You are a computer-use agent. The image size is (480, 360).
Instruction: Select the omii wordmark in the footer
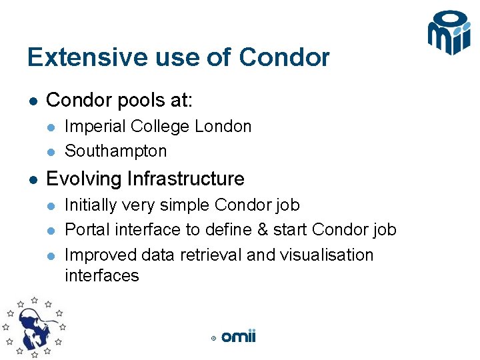click(239, 337)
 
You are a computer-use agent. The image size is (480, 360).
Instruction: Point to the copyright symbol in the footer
click(213, 339)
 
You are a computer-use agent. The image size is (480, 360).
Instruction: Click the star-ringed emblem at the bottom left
click(33, 327)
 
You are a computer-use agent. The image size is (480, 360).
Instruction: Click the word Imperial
click(95, 127)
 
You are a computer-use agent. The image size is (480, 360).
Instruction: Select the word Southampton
click(115, 151)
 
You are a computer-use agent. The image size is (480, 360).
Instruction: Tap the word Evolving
click(84, 179)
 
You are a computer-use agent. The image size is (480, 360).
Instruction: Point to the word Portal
click(87, 230)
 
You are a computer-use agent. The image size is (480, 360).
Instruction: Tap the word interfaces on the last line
click(101, 275)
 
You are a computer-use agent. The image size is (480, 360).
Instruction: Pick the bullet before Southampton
click(50, 151)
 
